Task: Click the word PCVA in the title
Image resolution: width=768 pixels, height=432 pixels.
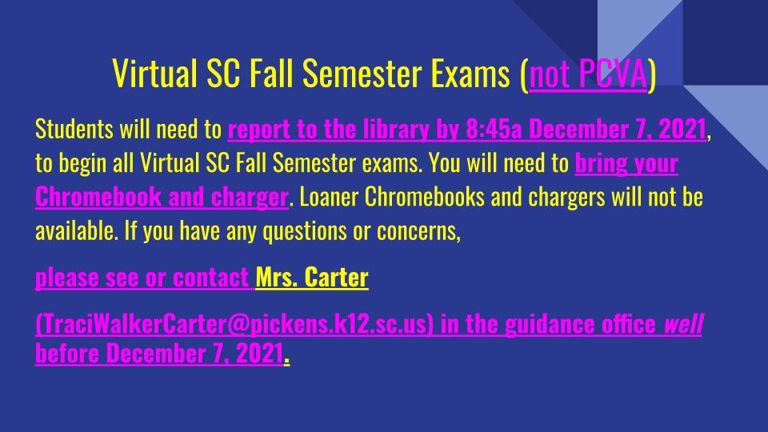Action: tap(613, 74)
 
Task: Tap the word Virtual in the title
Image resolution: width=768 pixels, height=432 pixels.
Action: tap(154, 74)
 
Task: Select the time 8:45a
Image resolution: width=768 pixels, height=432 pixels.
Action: tap(494, 130)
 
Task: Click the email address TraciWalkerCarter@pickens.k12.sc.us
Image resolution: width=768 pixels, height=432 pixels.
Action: tap(234, 325)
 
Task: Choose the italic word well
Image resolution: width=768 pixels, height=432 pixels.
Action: tap(684, 324)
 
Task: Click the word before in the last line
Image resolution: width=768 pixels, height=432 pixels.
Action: tap(67, 353)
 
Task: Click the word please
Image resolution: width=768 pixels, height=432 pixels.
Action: tap(67, 278)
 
